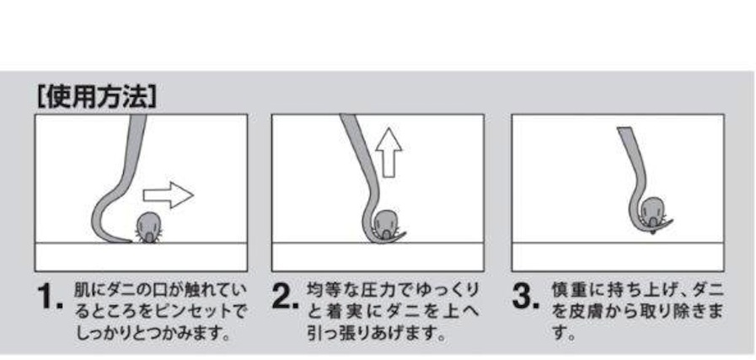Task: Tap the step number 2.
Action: pyautogui.click(x=286, y=296)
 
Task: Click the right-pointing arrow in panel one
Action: pyautogui.click(x=169, y=196)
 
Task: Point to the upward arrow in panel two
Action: pyautogui.click(x=389, y=153)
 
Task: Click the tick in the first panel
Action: pyautogui.click(x=149, y=228)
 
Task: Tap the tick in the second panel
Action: pyautogui.click(x=385, y=224)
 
